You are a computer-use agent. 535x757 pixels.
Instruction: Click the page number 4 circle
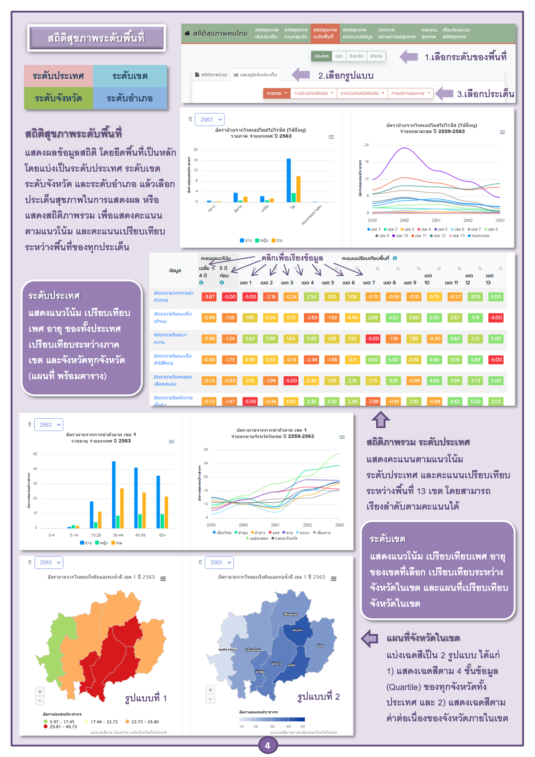click(x=267, y=745)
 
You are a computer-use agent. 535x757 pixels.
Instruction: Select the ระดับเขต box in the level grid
click(x=130, y=76)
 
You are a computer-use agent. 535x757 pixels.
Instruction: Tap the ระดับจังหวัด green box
click(x=58, y=98)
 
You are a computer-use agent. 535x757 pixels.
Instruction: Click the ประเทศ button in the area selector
click(x=321, y=56)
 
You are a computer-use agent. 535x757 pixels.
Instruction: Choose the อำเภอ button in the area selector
click(x=376, y=56)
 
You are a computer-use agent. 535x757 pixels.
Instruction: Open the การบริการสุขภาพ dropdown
click(x=410, y=93)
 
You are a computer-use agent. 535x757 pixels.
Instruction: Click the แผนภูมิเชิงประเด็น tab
click(x=255, y=75)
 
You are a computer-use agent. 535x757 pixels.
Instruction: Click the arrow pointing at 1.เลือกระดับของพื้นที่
click(x=409, y=57)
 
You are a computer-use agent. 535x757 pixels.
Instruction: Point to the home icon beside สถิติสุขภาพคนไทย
click(x=187, y=33)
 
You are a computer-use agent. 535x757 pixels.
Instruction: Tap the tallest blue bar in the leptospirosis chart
click(x=288, y=180)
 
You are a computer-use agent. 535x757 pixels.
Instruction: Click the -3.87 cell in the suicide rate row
click(x=209, y=297)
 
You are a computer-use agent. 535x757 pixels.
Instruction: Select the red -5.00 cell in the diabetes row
click(x=373, y=339)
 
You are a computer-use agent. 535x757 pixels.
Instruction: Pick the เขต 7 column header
click(x=369, y=283)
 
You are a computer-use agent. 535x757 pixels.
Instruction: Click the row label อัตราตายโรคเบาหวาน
click(x=170, y=338)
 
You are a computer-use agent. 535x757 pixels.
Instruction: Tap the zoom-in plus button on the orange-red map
click(x=39, y=692)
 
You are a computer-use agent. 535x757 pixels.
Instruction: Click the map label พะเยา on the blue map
click(x=297, y=630)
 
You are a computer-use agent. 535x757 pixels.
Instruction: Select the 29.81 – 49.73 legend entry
click(x=60, y=727)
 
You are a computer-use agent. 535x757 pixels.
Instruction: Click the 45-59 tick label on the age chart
click(x=140, y=535)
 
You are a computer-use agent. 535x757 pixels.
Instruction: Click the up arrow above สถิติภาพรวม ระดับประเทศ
click(x=380, y=419)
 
